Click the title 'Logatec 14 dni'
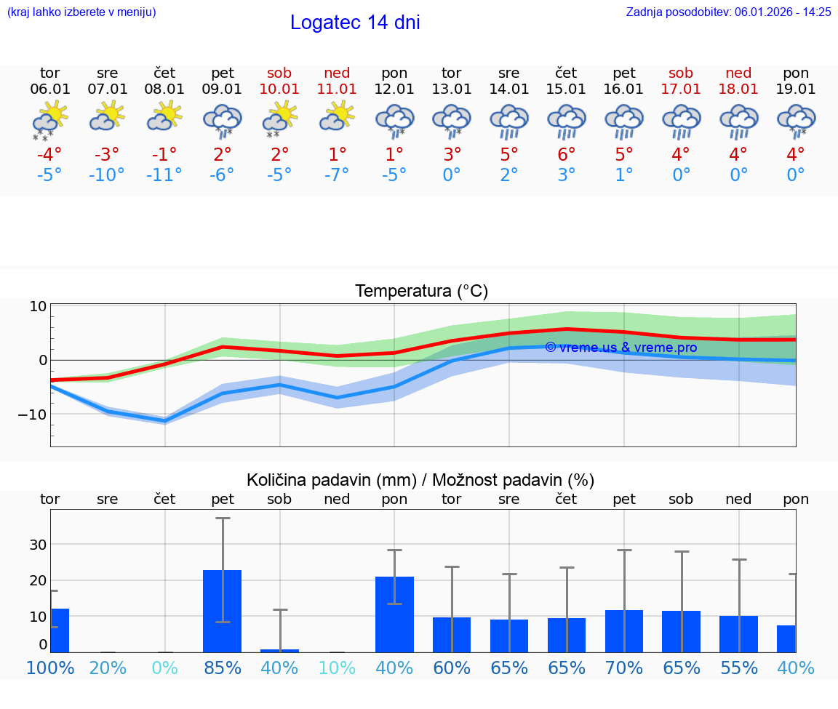point(355,23)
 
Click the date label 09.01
point(223,89)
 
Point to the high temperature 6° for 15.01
point(567,155)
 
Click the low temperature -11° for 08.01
point(164,175)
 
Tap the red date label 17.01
point(682,89)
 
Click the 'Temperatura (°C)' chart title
point(421,292)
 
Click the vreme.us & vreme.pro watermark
point(620,348)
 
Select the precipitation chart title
point(420,480)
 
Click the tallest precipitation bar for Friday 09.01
point(223,611)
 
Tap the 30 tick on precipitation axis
point(38,545)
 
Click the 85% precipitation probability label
point(223,668)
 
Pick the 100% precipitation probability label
point(49,668)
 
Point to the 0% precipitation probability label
point(165,668)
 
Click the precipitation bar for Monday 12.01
point(394,614)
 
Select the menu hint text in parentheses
point(81,12)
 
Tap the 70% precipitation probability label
point(624,668)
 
